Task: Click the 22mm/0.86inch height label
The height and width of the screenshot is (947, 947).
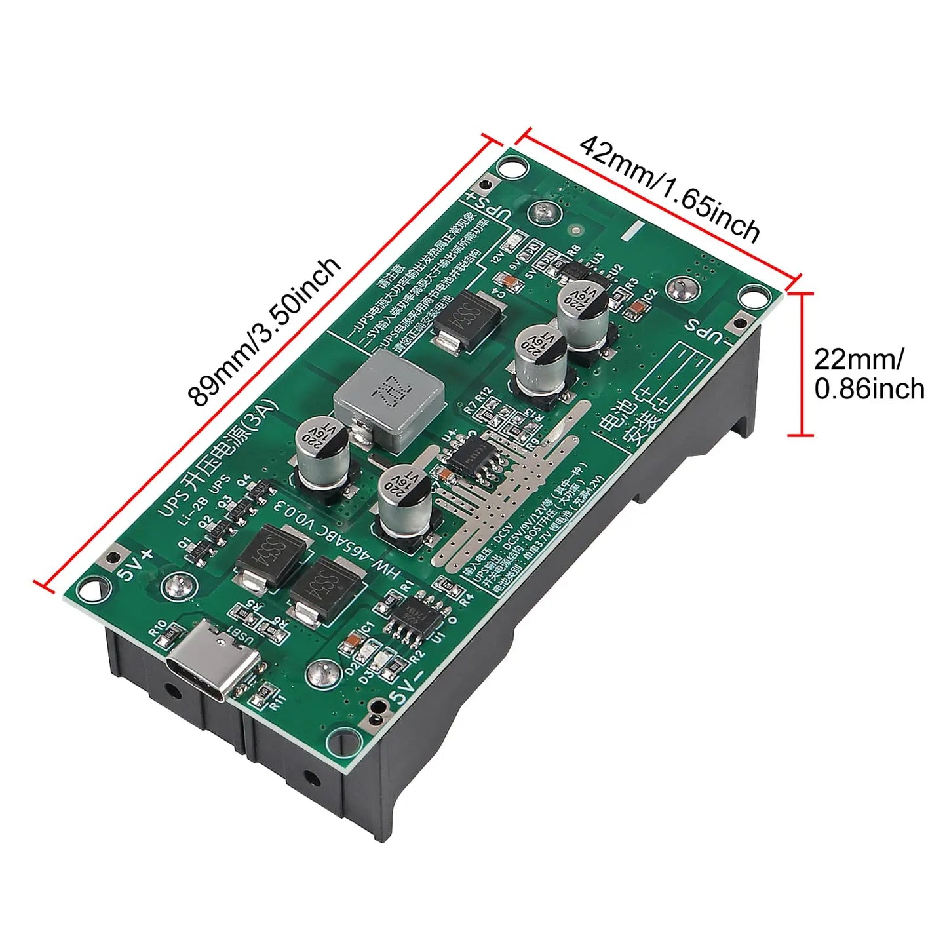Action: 868,374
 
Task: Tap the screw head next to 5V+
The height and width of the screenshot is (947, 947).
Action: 175,583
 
